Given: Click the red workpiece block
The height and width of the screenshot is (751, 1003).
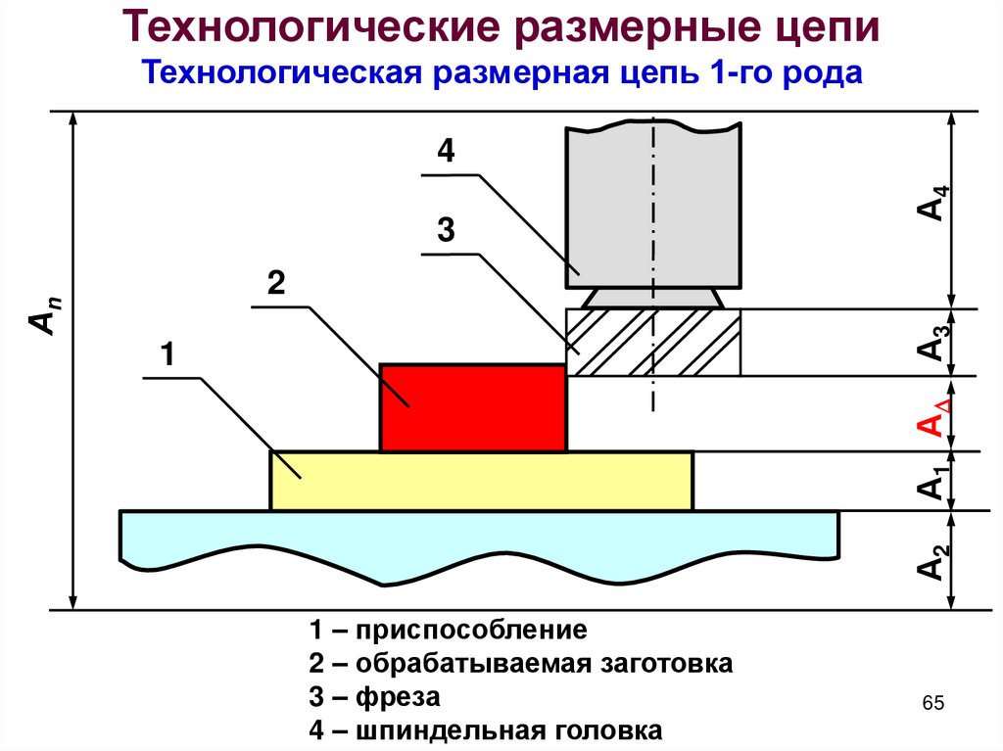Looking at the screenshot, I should click(x=473, y=407).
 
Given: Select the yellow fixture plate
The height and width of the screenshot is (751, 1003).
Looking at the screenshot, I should click(x=482, y=481).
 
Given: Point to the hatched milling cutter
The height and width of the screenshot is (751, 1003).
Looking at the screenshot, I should click(x=653, y=342).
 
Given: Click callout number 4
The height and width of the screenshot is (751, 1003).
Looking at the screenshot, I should click(x=446, y=152).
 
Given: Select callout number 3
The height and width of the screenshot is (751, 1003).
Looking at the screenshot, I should click(x=446, y=231).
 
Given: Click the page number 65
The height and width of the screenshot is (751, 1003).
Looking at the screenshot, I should click(x=931, y=704).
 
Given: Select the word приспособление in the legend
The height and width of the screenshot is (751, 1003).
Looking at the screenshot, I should click(x=471, y=630).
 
